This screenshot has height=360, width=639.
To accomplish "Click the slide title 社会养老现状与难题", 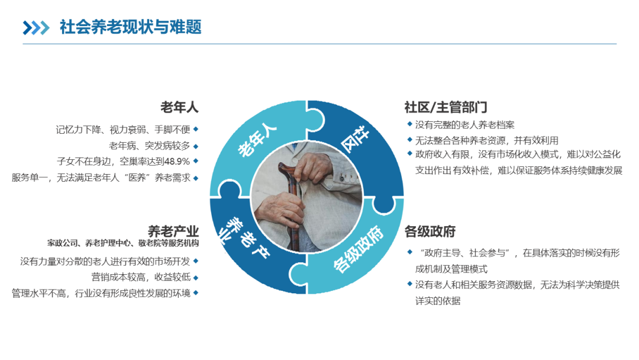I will tap(130, 27).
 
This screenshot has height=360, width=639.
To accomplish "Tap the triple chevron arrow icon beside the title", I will tap(36, 28).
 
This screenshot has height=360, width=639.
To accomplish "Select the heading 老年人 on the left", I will tap(179, 107).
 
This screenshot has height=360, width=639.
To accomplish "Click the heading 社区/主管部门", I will tap(446, 107).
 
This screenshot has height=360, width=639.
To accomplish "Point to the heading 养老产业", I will tap(173, 231).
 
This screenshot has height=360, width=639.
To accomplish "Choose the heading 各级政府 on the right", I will tap(430, 231).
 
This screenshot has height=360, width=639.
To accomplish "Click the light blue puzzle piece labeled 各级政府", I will tap(355, 255).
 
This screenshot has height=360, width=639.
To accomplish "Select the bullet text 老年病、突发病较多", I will tap(149, 145).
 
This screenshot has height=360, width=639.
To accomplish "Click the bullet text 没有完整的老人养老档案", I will tap(464, 125).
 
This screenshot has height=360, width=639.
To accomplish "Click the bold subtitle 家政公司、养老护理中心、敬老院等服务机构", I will tap(123, 243).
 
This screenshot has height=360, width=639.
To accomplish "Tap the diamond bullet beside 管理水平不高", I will tap(196, 292).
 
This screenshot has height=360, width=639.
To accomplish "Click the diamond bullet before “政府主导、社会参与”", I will tap(409, 252).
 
